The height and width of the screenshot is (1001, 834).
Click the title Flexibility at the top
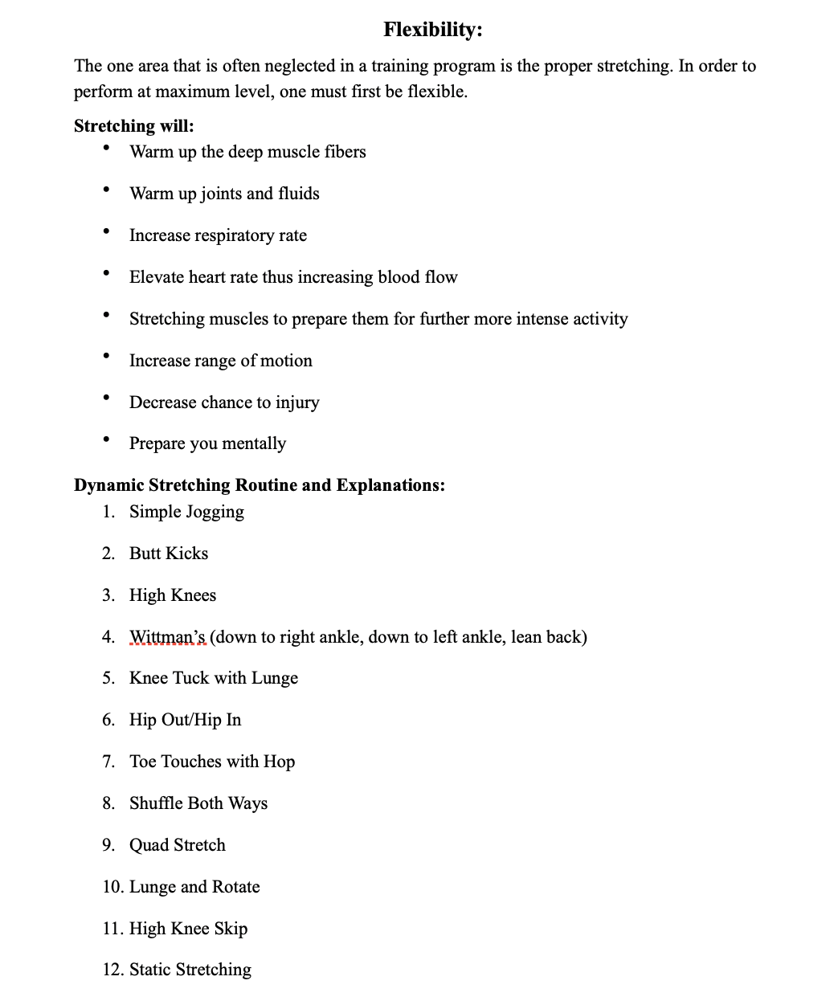pos(432,30)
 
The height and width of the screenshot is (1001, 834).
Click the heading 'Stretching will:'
pos(133,126)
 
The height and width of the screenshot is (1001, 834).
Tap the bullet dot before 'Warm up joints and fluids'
pos(106,190)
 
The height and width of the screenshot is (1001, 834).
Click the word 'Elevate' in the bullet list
pos(157,277)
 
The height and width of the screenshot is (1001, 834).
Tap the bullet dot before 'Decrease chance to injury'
pos(106,398)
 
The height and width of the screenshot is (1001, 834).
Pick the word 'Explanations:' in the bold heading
pos(390,485)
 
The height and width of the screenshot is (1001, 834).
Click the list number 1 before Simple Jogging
pos(108,512)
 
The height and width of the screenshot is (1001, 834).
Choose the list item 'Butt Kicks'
pos(169,554)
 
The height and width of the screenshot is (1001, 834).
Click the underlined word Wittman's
pos(167,637)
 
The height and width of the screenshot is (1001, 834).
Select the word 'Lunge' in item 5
pos(275,678)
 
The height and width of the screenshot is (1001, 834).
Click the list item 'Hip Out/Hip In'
pos(185,720)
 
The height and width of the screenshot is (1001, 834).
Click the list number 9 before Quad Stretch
pos(108,845)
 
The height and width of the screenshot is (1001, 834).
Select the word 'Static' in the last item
pos(149,970)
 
